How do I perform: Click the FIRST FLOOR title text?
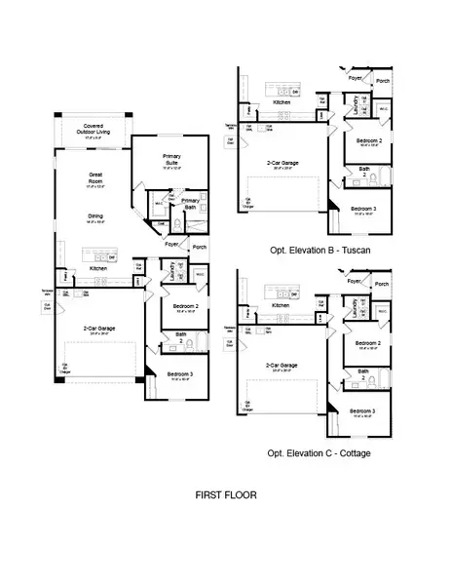click(226, 494)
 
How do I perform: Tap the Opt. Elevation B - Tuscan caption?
click(323, 250)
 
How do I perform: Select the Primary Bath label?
click(190, 202)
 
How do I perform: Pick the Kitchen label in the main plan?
click(98, 268)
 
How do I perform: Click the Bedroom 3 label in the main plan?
click(179, 374)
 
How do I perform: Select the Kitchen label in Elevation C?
click(282, 304)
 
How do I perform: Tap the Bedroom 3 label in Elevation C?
click(366, 409)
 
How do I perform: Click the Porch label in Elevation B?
click(383, 80)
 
